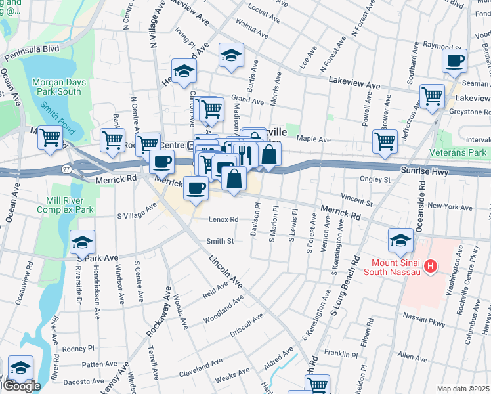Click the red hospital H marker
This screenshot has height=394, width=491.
pyautogui.click(x=431, y=266)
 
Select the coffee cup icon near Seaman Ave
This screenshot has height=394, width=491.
pyautogui.click(x=454, y=61)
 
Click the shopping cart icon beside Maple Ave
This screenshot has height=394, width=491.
pyautogui.click(x=385, y=141)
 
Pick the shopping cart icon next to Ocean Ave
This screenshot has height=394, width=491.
pyautogui.click(x=51, y=138)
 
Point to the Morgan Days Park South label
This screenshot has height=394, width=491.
pyautogui.click(x=56, y=87)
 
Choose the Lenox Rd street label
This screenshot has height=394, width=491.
pyautogui.click(x=223, y=219)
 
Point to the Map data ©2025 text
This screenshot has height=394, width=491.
pyautogui.click(x=462, y=389)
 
